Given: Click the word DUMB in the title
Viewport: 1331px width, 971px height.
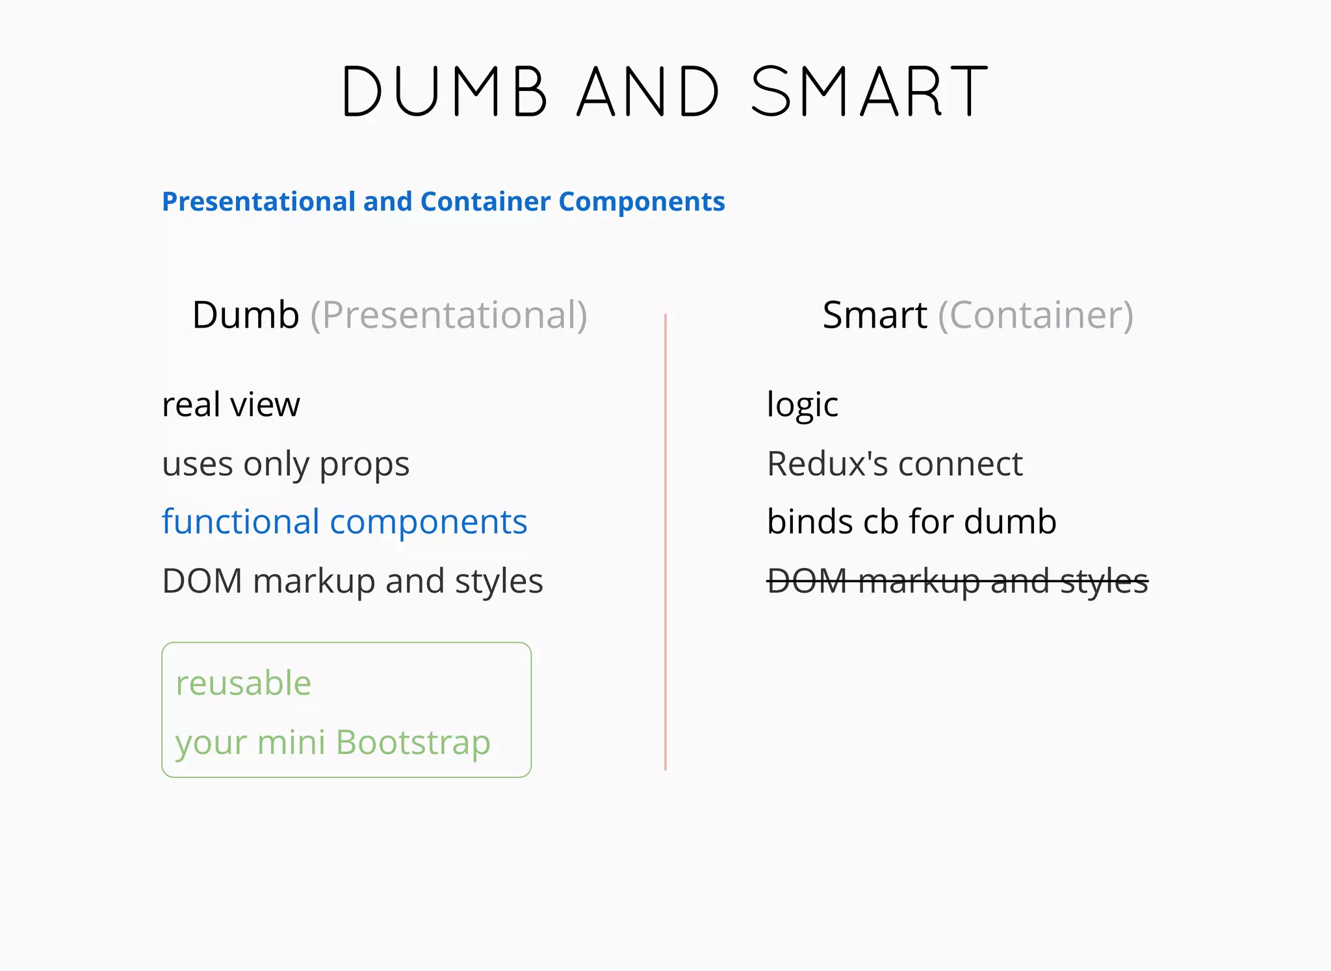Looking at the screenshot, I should [444, 91].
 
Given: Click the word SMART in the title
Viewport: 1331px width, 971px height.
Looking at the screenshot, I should [870, 91].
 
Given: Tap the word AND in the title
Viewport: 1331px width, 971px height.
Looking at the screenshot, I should [648, 91].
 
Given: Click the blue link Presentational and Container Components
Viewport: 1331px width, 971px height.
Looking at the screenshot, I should [443, 201].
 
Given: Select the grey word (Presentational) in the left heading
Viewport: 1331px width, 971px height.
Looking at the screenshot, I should [448, 315].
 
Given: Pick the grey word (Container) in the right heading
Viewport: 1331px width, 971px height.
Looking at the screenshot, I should [1035, 315].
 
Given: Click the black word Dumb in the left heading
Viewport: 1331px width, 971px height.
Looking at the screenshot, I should [246, 315].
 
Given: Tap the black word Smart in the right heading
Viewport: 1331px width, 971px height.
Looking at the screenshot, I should [874, 315].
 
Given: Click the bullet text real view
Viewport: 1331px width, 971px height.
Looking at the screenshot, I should [231, 405].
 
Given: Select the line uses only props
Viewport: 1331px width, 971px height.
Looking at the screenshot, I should [285, 464].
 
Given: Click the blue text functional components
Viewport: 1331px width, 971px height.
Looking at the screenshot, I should [344, 522].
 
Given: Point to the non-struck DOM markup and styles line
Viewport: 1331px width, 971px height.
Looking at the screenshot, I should [352, 581].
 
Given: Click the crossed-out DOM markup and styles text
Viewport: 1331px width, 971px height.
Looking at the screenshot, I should [957, 581].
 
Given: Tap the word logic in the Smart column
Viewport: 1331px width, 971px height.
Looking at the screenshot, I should [803, 405].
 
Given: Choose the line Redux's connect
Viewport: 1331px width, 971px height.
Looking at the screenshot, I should [895, 464].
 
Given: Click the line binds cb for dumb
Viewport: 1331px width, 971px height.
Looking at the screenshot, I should [911, 522].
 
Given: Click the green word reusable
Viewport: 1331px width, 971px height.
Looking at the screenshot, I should [244, 683].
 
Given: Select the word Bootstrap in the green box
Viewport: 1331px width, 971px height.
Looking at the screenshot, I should [413, 742].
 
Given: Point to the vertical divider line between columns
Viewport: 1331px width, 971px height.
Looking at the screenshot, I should [665, 543].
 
